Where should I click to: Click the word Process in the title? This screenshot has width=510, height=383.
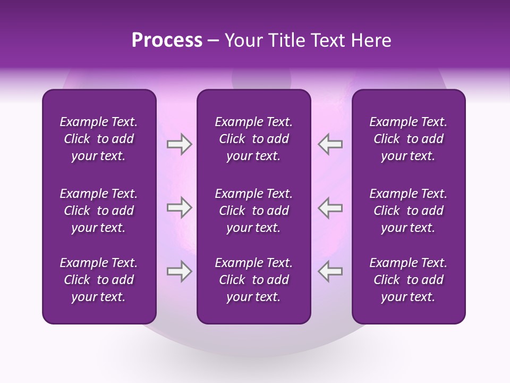(x=167, y=40)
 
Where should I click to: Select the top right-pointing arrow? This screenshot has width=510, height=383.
(x=179, y=144)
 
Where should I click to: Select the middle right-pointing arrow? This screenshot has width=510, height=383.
(x=179, y=207)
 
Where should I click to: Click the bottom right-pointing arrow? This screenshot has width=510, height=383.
(x=179, y=271)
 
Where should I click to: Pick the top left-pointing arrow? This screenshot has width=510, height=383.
(x=330, y=144)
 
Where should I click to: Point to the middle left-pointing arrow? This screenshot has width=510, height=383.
(x=330, y=207)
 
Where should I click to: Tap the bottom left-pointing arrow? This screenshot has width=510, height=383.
(x=330, y=271)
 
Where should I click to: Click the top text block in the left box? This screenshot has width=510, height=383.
(x=99, y=139)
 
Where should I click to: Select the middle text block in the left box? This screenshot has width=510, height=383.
(x=99, y=211)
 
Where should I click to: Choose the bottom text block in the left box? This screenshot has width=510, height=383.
(x=99, y=280)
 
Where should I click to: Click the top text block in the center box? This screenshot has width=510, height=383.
(x=253, y=139)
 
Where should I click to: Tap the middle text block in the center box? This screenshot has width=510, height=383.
(x=253, y=211)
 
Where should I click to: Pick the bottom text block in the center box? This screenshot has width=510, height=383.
(x=253, y=280)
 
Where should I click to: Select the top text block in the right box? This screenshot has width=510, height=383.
(x=408, y=139)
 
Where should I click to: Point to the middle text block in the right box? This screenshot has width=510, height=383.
(x=408, y=211)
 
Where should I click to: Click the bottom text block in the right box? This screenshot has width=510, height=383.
(x=408, y=280)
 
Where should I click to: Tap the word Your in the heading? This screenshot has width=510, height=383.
(x=243, y=40)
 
